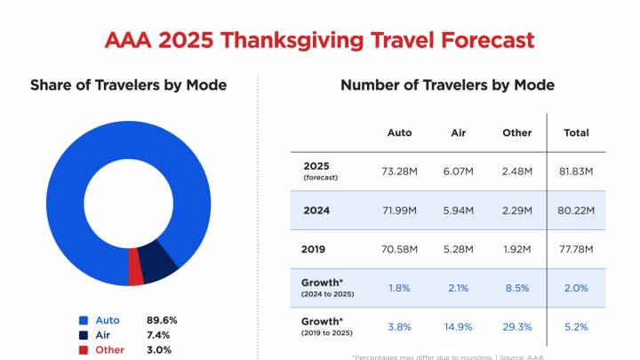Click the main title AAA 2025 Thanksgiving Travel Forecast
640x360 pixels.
tap(320, 40)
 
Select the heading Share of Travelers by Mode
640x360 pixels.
tap(128, 85)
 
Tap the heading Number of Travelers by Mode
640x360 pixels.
tap(447, 85)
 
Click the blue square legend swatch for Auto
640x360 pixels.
tap(84, 319)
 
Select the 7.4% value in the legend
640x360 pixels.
tap(159, 334)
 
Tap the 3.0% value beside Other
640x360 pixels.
tap(159, 349)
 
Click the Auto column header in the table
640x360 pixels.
tap(399, 132)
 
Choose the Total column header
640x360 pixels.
tap(576, 132)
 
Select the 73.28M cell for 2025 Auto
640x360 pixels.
tap(399, 171)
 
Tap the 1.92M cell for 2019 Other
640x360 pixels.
tap(516, 249)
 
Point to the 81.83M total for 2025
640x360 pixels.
tap(576, 171)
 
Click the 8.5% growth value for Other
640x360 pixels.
tap(516, 287)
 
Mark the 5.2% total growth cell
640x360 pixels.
tap(576, 326)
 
